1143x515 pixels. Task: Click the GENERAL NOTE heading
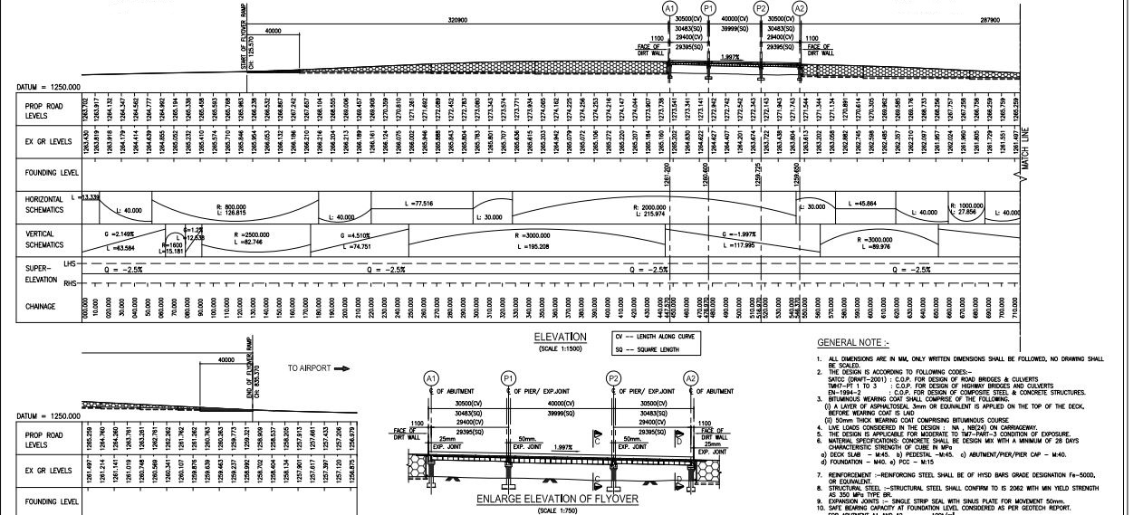(x=853, y=343)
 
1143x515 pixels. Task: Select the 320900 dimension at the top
(x=458, y=20)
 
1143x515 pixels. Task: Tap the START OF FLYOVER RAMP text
(x=244, y=48)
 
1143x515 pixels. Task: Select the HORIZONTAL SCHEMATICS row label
(x=45, y=205)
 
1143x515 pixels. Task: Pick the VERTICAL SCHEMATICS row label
(x=45, y=239)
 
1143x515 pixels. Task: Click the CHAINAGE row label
(x=42, y=307)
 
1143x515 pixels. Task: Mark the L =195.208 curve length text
(x=535, y=246)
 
